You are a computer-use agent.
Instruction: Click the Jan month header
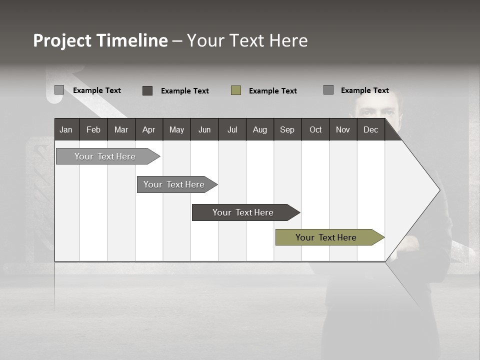point(66,129)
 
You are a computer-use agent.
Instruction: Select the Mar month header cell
point(121,129)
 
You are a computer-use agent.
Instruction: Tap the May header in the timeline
point(176,129)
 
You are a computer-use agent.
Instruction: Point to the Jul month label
point(232,129)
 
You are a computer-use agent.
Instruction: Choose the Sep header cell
point(287,129)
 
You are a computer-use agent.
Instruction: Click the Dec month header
point(370,129)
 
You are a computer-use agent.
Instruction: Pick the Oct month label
point(315,129)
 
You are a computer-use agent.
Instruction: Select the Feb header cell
point(93,129)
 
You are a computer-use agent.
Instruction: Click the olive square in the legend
point(236,90)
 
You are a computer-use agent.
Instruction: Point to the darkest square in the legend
point(147,90)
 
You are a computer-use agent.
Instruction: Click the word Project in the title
point(62,40)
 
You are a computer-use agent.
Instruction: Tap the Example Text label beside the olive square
point(272,91)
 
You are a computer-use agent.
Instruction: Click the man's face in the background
point(376,107)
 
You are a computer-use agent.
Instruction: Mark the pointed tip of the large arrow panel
point(438,189)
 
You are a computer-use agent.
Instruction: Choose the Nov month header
point(343,129)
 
